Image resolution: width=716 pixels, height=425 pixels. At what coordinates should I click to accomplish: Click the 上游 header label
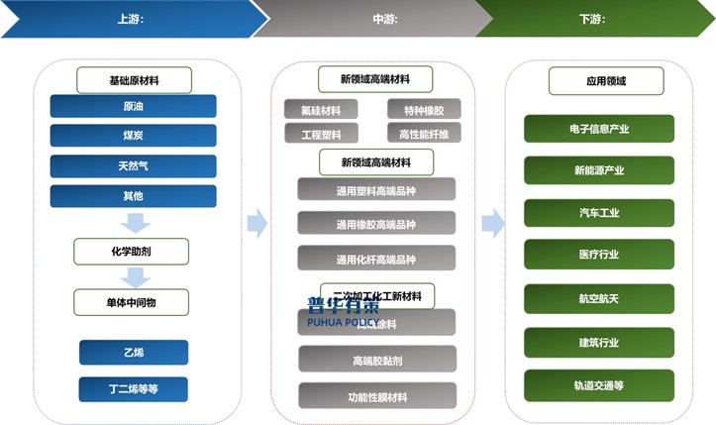131,19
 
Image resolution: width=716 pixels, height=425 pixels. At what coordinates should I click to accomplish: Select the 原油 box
133,106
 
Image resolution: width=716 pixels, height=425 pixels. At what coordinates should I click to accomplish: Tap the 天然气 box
133,165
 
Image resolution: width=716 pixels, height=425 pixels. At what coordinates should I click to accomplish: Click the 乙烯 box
133,352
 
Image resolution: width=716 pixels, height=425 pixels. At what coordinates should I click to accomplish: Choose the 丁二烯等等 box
133,389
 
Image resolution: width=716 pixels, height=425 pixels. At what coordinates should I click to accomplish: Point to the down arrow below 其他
134,222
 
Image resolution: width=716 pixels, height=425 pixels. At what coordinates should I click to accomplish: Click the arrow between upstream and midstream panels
256,223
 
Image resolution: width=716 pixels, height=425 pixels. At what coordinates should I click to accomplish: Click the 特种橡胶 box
424,110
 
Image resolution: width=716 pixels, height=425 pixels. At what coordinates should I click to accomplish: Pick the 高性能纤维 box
424,134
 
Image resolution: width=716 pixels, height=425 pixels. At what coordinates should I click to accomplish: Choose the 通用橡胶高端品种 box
376,224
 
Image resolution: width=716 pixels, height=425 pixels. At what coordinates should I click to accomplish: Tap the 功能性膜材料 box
376,396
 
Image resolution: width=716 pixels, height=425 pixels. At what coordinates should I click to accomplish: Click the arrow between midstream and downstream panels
492,223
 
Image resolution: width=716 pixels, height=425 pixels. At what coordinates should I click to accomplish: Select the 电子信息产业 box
599,129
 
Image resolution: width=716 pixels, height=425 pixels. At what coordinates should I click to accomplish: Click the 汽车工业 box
599,213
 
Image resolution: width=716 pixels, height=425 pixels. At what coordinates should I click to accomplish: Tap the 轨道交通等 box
599,384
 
